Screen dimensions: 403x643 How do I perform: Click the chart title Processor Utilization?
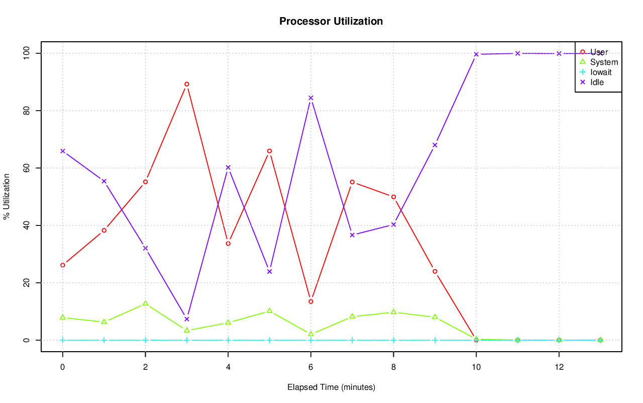pyautogui.click(x=331, y=21)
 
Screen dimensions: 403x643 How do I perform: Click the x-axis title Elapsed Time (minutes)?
pyautogui.click(x=331, y=387)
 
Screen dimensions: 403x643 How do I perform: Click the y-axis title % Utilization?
pyautogui.click(x=7, y=197)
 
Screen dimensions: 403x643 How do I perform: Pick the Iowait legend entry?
pyautogui.click(x=601, y=72)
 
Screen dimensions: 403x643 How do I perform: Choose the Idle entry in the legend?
pyautogui.click(x=597, y=82)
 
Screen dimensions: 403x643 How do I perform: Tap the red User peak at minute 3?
pyautogui.click(x=187, y=84)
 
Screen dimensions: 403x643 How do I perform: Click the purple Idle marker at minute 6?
pyautogui.click(x=311, y=98)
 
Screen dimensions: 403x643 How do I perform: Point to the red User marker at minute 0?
pyautogui.click(x=63, y=265)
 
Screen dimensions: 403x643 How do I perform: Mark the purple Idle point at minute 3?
pyautogui.click(x=187, y=319)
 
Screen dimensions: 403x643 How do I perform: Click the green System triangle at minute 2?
pyautogui.click(x=145, y=303)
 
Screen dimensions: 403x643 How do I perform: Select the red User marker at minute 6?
pyautogui.click(x=311, y=301)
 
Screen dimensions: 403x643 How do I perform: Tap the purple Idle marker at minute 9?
pyautogui.click(x=435, y=145)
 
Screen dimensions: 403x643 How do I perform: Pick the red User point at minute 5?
pyautogui.click(x=269, y=151)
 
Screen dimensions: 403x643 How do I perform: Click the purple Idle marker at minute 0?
pyautogui.click(x=63, y=151)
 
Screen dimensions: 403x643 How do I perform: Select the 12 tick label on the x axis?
pyautogui.click(x=559, y=367)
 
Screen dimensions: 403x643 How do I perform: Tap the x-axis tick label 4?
pyautogui.click(x=228, y=367)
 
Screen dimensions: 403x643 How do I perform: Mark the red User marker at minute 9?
pyautogui.click(x=435, y=271)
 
